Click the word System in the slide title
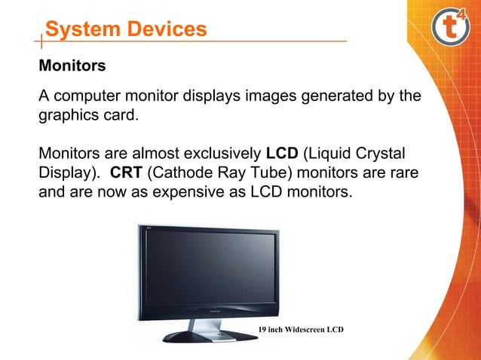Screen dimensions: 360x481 (83, 29)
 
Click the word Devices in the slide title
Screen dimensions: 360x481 (167, 29)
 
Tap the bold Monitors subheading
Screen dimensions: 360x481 (72, 66)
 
